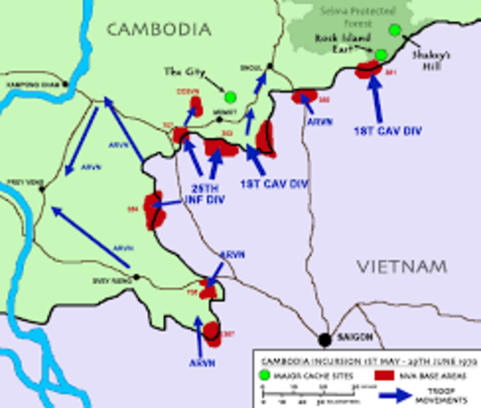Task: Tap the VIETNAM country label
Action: tap(401, 267)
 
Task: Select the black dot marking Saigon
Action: tap(324, 339)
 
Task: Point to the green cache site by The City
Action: tap(229, 95)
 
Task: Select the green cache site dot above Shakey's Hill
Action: tap(395, 31)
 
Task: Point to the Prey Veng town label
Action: tap(19, 178)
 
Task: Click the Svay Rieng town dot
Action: tap(135, 278)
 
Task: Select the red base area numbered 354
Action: tap(154, 209)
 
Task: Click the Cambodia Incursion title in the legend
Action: tap(367, 357)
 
